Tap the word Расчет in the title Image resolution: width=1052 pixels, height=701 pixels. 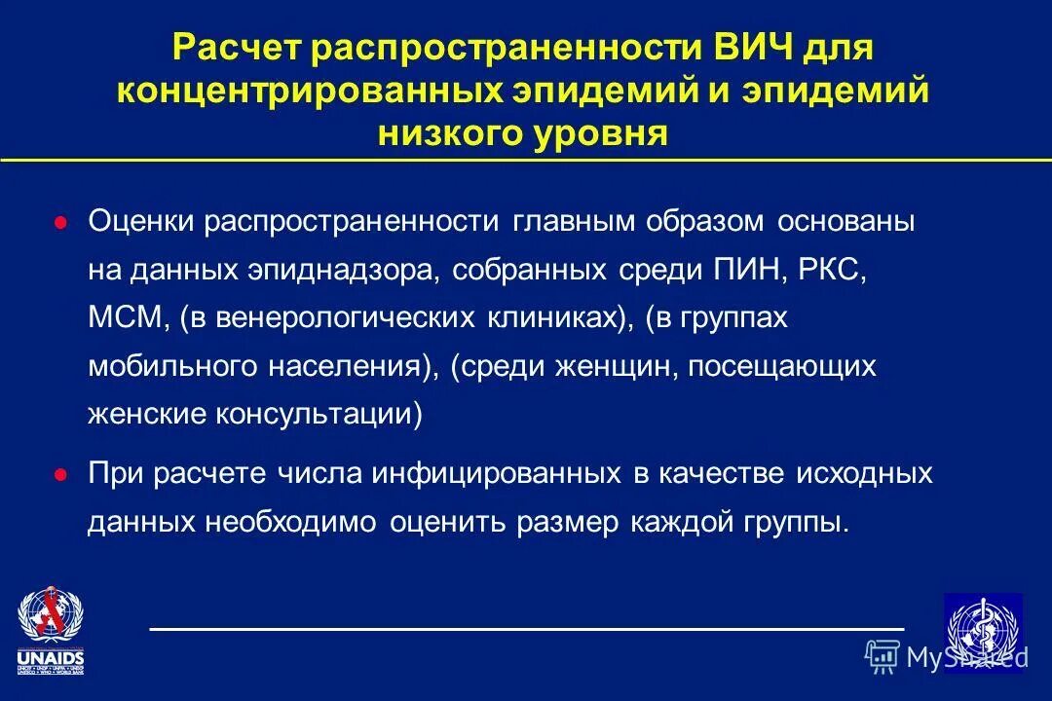pyautogui.click(x=234, y=48)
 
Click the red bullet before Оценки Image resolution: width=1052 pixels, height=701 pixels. pyautogui.click(x=60, y=223)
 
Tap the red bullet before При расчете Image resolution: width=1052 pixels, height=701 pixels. pyautogui.click(x=60, y=476)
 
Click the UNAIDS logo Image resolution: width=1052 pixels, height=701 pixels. pyautogui.click(x=51, y=631)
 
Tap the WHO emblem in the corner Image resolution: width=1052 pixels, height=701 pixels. pyautogui.click(x=983, y=629)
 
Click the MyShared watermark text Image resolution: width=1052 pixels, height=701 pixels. pyautogui.click(x=965, y=657)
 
